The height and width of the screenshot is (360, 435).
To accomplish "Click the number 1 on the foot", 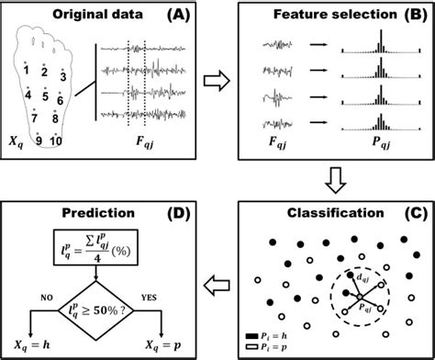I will tap(28, 70).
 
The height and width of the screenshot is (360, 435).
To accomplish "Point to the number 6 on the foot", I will tap(61, 99).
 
